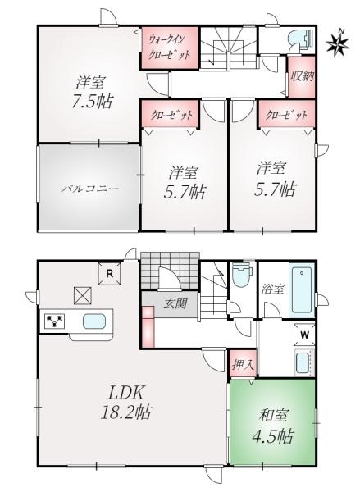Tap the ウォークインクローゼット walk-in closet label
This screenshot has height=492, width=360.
point(170,48)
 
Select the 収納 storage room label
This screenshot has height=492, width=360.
point(302,76)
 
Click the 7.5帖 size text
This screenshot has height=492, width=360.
point(92,102)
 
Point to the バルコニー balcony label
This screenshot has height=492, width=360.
point(89,189)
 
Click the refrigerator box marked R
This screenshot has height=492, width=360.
point(110,274)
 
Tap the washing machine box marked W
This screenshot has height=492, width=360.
point(304,335)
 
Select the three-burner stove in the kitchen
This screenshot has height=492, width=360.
point(55,321)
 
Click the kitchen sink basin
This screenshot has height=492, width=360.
point(94,321)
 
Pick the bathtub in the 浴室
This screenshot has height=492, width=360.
point(302,291)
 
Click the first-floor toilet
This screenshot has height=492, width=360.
point(241,275)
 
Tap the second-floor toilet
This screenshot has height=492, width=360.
point(301,39)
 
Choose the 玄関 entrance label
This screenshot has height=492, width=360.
point(175,303)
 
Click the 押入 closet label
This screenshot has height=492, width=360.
point(243,365)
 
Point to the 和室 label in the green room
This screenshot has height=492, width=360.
point(273,416)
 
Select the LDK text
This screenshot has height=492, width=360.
point(126,393)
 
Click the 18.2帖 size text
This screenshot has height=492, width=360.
point(126,412)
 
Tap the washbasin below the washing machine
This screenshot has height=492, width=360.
point(303,362)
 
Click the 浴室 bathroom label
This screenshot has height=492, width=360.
point(273,289)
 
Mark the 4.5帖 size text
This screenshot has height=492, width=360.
point(273,436)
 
